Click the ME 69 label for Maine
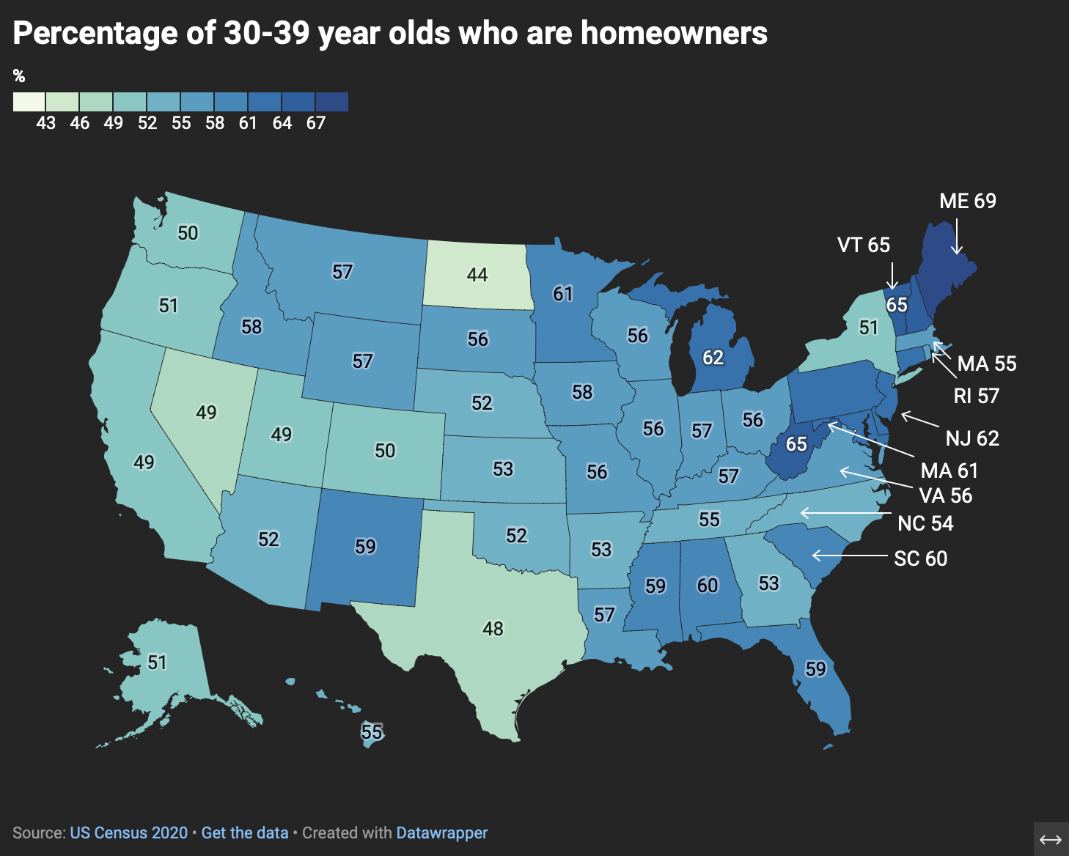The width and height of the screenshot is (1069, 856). pyautogui.click(x=967, y=201)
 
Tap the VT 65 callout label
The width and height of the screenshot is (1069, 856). pyautogui.click(x=863, y=245)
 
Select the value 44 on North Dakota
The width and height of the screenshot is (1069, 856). pyautogui.click(x=477, y=274)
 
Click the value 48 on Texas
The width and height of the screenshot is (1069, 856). pyautogui.click(x=493, y=628)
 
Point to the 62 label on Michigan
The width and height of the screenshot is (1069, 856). pyautogui.click(x=713, y=357)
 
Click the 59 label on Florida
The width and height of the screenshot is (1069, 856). pyautogui.click(x=815, y=668)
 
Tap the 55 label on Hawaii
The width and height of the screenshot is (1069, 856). pyautogui.click(x=372, y=731)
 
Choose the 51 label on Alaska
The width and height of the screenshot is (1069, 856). pyautogui.click(x=157, y=663)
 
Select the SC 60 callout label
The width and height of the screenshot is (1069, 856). pyautogui.click(x=920, y=558)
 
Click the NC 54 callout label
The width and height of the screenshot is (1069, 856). pyautogui.click(x=925, y=523)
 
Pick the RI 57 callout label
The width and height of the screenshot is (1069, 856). pyautogui.click(x=976, y=396)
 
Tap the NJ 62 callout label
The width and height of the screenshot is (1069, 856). pyautogui.click(x=972, y=438)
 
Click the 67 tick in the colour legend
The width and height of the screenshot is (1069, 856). pyautogui.click(x=315, y=123)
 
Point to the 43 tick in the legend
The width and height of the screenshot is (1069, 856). pyautogui.click(x=45, y=123)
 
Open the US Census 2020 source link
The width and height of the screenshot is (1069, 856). pyautogui.click(x=129, y=833)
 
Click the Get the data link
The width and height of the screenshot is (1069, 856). pyautogui.click(x=244, y=833)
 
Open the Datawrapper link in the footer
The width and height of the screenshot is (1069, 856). pyautogui.click(x=441, y=833)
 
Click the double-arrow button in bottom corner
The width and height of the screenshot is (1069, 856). pyautogui.click(x=1051, y=839)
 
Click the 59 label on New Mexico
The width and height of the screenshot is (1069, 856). pyautogui.click(x=365, y=546)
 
